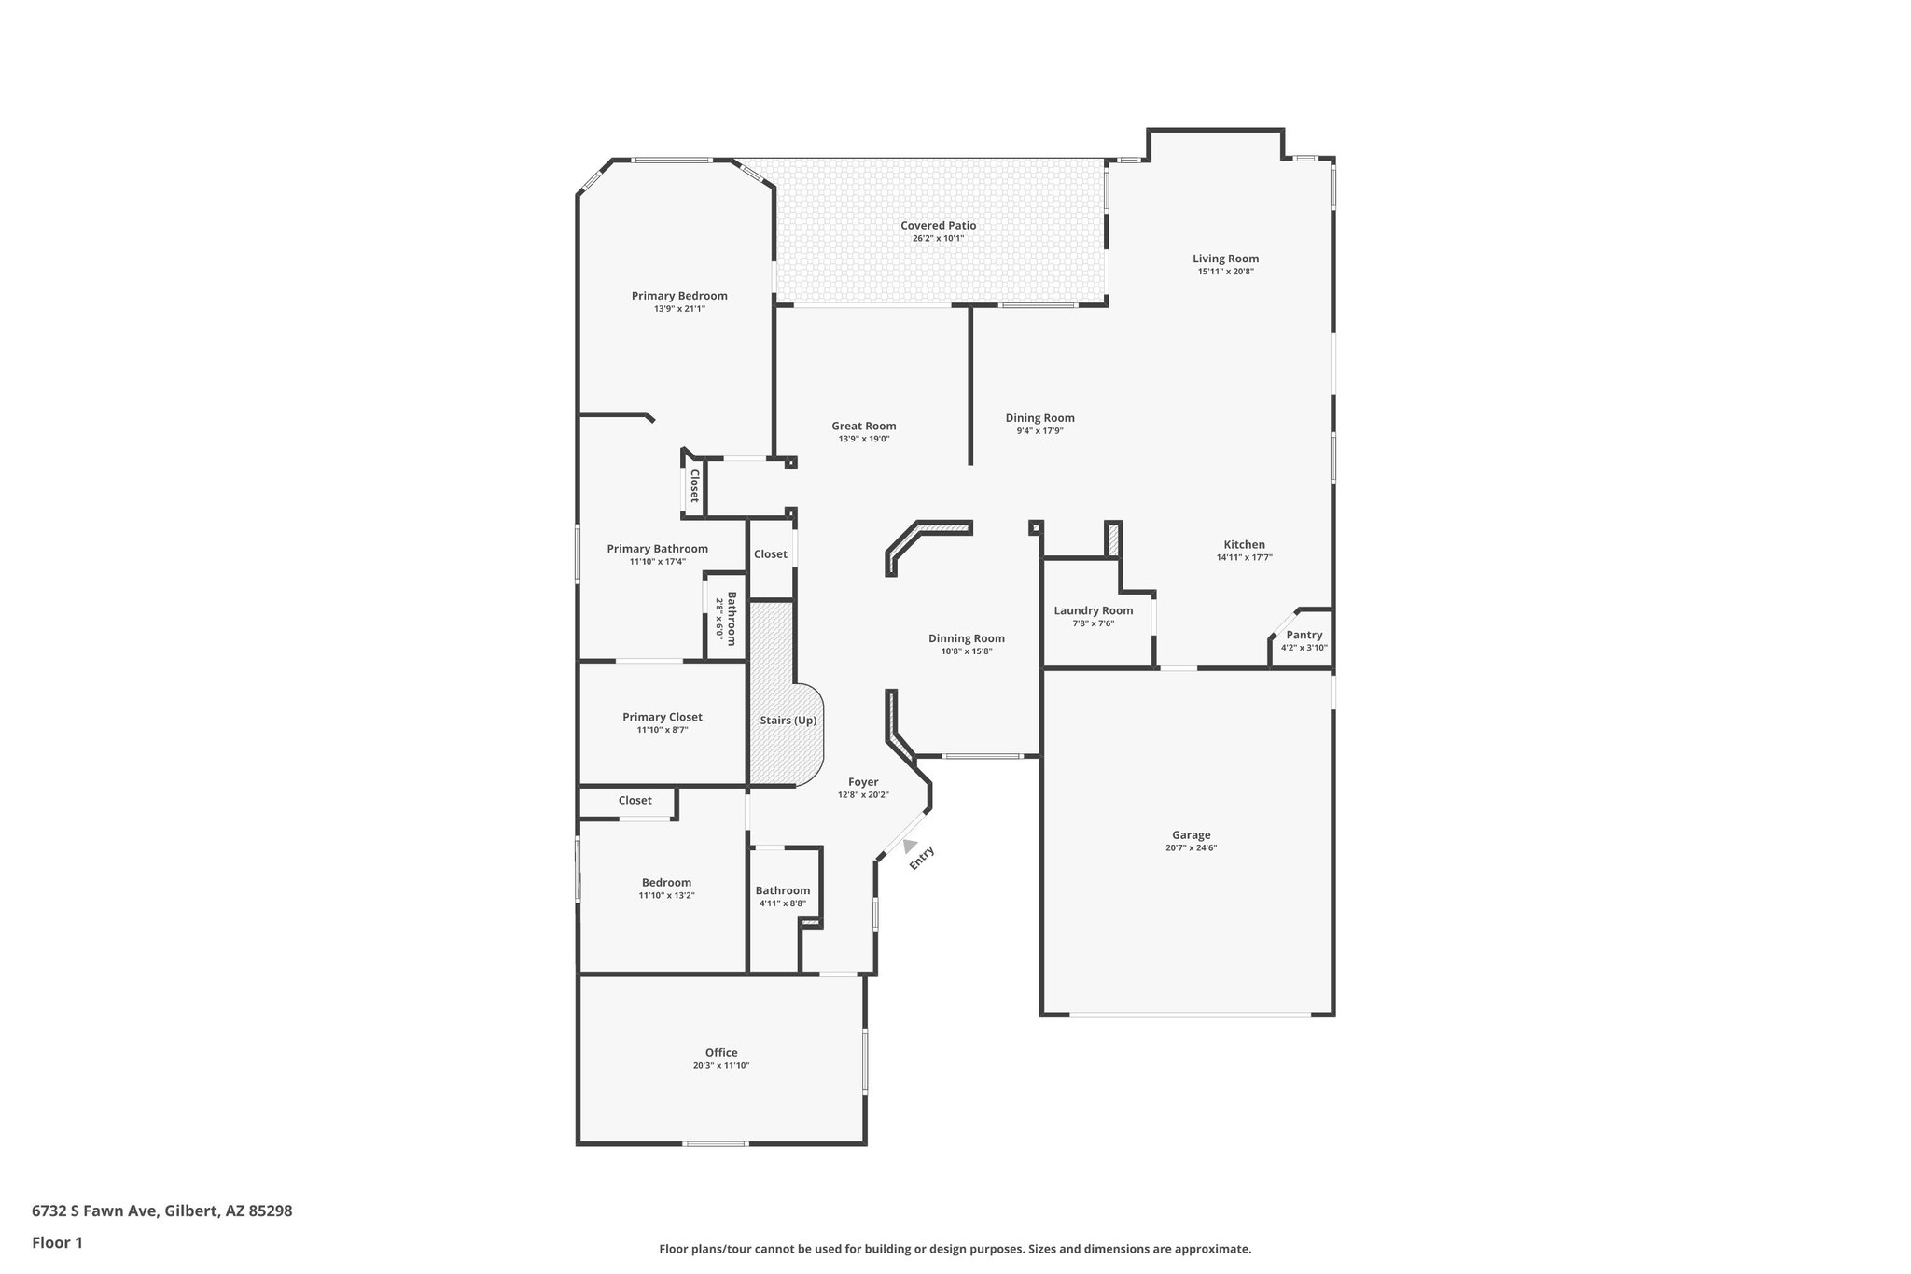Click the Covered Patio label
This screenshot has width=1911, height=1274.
click(938, 225)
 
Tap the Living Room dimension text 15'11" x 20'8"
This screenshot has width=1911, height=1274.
click(1225, 272)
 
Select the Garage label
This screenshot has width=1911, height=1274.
click(1191, 835)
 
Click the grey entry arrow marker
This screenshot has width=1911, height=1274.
click(909, 846)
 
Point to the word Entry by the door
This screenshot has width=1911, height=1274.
click(922, 858)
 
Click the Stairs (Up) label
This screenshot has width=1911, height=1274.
click(788, 721)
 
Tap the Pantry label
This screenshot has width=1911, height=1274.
click(1304, 635)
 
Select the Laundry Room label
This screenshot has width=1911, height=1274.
click(1093, 610)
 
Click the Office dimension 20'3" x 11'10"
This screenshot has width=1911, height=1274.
click(720, 1065)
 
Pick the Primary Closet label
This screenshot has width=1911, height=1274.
click(662, 717)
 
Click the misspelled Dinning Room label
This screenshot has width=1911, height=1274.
click(966, 638)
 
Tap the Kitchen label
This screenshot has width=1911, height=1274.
click(1244, 544)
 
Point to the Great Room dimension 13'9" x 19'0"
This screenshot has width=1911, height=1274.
click(863, 439)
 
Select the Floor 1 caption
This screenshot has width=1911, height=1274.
click(57, 1242)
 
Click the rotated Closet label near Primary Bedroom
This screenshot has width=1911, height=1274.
click(694, 485)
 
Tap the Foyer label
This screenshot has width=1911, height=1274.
click(862, 782)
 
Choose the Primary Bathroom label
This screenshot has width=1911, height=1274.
click(657, 549)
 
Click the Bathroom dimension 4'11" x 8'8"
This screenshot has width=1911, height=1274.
click(782, 903)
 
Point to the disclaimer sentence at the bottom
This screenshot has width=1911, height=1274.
click(955, 1249)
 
